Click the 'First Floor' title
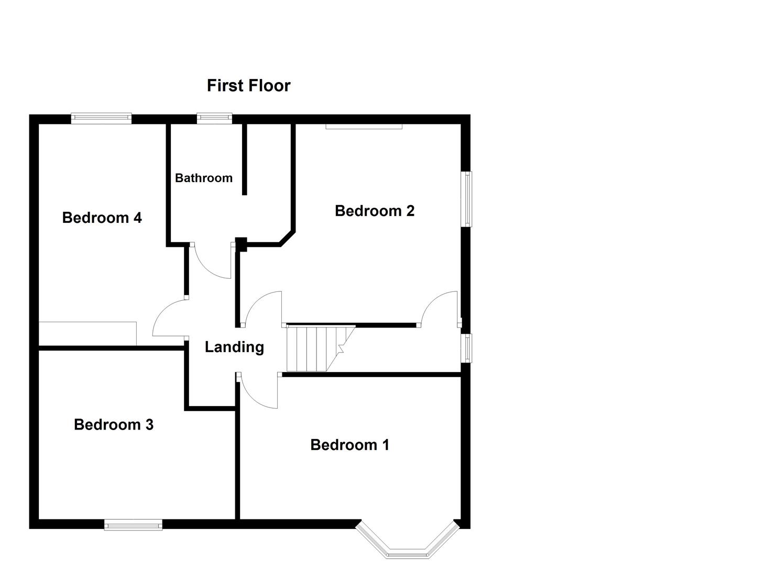point(248,85)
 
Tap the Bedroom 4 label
point(102,218)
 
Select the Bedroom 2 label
point(375,211)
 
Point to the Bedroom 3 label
point(114,424)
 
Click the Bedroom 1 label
point(349,445)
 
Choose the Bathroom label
point(204,178)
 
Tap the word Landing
point(234,347)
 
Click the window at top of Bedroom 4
point(101,118)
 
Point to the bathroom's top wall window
point(214,118)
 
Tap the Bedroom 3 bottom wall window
point(133,524)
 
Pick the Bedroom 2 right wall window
point(466,199)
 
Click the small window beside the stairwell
point(466,348)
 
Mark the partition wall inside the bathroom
point(244,160)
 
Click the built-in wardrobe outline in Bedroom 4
point(87,334)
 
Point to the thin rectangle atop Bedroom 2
point(364,126)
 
